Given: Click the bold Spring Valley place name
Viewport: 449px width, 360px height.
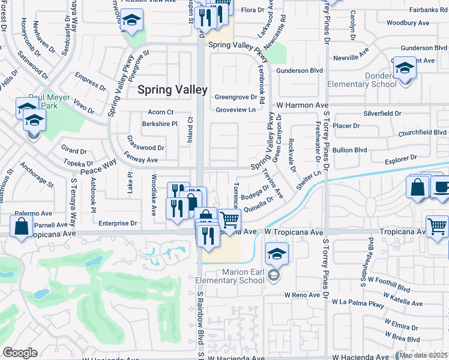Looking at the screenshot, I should click(172, 89).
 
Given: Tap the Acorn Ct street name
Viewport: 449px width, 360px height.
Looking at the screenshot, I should click(160, 112).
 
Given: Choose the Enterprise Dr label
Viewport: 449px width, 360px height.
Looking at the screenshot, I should click(117, 223).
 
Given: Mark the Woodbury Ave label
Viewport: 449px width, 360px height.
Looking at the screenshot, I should click(408, 23).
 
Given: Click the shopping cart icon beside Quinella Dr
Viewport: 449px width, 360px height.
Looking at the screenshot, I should click(229, 221).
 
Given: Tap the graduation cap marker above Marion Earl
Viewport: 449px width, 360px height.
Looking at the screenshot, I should click(276, 253).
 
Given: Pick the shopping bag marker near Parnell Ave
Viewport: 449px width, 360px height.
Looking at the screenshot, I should click(22, 227).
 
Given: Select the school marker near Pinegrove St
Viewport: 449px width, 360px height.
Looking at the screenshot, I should click(130, 22).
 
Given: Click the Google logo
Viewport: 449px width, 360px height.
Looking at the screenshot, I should click(20, 353).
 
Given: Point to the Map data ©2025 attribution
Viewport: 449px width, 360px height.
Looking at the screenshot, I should click(424, 355).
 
